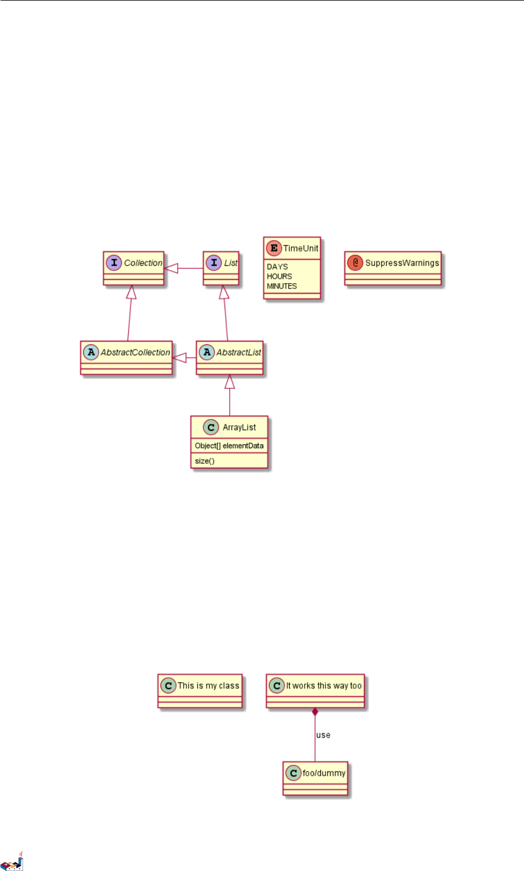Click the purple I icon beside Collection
114,263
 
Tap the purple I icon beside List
214,263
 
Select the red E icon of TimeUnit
274,249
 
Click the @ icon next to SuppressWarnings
355,263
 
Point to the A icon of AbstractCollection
91,352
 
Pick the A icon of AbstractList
207,352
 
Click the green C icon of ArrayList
212,427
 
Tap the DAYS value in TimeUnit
277,266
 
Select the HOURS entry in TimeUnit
279,276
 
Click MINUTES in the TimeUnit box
282,286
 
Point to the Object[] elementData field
229,446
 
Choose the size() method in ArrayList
205,461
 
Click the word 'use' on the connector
323,735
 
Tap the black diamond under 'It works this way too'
315,712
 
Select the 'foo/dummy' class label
324,773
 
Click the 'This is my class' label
208,686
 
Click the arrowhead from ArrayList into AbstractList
230,381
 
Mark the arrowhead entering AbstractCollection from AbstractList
179,358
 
